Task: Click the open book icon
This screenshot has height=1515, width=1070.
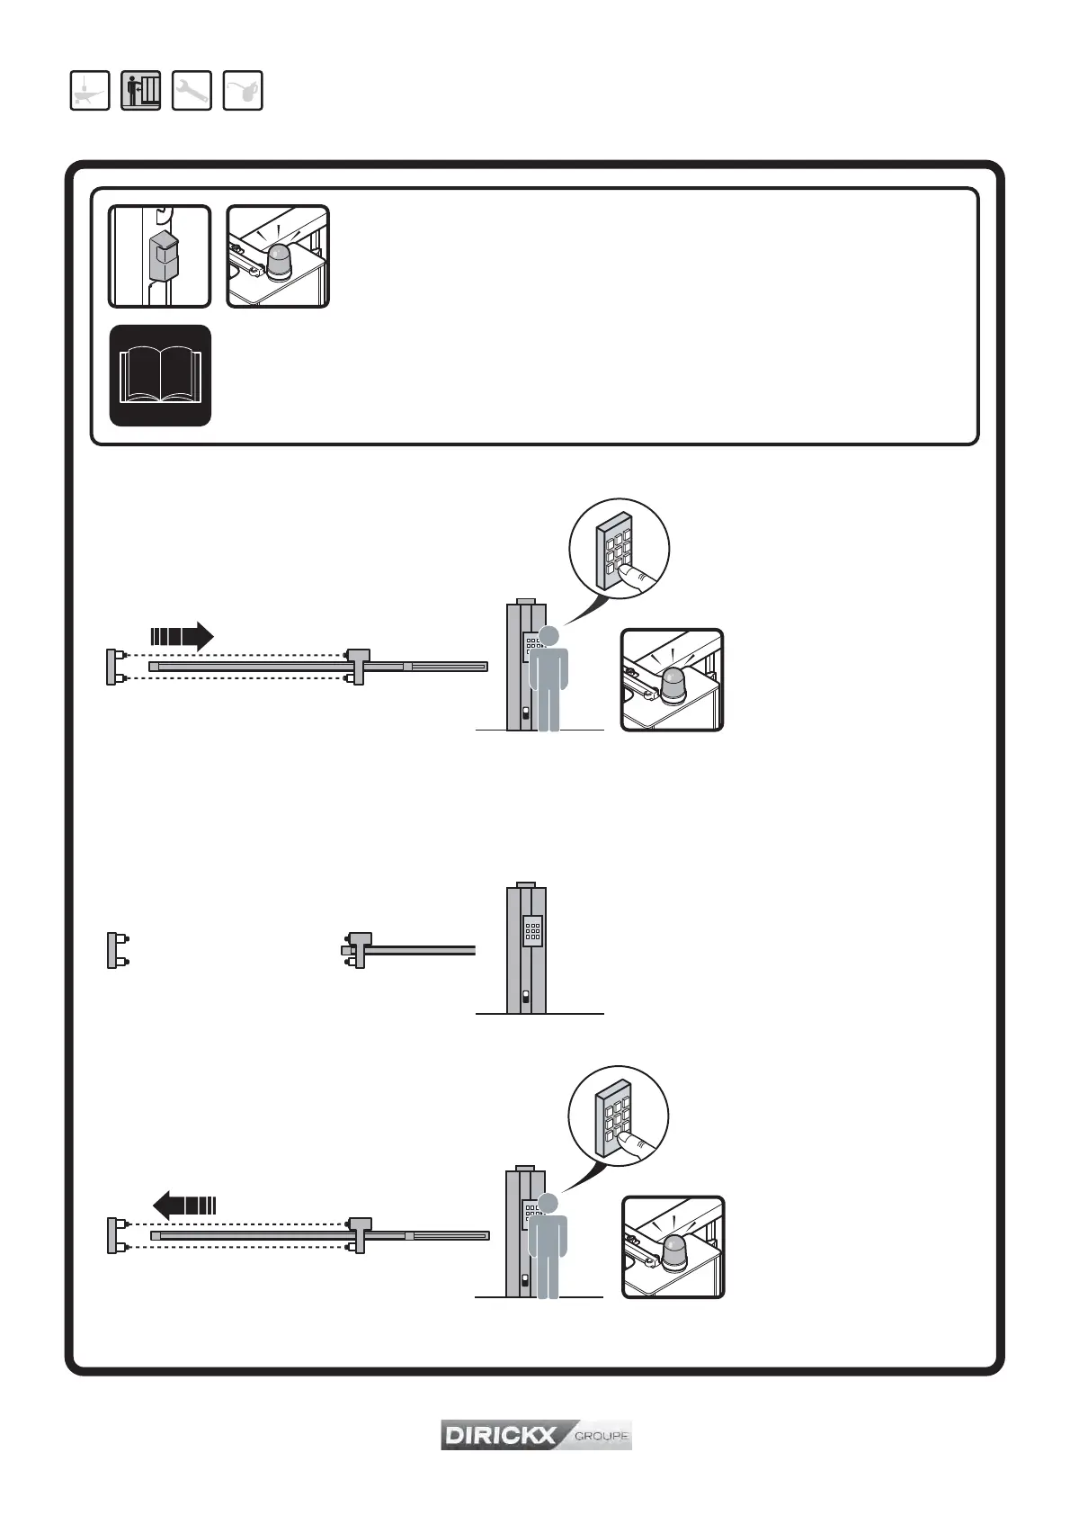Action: click(160, 375)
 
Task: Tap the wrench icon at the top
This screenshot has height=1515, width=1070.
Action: click(192, 91)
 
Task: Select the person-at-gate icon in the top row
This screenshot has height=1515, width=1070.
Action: click(140, 91)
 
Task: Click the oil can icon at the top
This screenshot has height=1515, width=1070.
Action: click(243, 91)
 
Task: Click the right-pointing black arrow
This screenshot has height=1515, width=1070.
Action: click(182, 637)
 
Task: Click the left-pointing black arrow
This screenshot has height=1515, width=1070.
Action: click(184, 1204)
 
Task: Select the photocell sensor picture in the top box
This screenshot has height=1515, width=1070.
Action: click(160, 256)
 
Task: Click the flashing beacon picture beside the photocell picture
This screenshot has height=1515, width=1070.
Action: click(278, 256)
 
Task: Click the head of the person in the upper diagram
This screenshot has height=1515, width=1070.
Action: click(548, 636)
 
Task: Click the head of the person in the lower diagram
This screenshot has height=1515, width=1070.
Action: click(547, 1203)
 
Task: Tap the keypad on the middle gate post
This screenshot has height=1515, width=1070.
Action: click(532, 930)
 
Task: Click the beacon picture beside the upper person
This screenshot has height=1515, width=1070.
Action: click(673, 680)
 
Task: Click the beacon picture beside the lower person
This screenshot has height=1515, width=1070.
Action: click(673, 1247)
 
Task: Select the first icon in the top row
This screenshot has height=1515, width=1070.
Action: click(90, 91)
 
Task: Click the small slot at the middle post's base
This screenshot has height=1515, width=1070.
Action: click(525, 997)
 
